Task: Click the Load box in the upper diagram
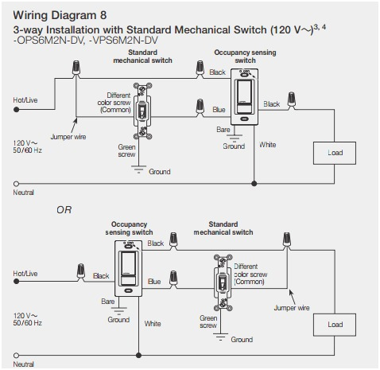click(335, 152)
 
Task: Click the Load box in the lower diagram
click(335, 324)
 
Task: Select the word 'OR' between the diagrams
click(64, 210)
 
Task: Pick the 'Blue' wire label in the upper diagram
click(218, 110)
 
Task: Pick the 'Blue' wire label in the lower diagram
click(154, 281)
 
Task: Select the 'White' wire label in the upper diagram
click(268, 145)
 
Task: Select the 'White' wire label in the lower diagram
click(153, 323)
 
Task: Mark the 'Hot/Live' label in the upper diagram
click(26, 100)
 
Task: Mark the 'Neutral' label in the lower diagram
click(24, 364)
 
